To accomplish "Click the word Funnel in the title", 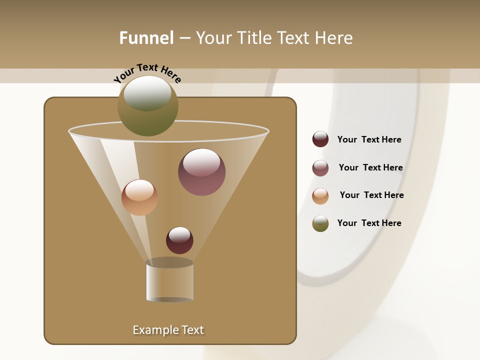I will [x=146, y=38].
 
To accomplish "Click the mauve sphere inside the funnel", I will [x=201, y=172].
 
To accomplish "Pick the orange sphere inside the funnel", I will [x=139, y=197].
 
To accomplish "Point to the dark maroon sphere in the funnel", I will [x=179, y=240].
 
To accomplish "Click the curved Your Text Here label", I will [x=147, y=73].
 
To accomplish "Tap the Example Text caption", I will [x=168, y=330].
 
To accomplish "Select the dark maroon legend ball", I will [x=320, y=139].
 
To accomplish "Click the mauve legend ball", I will [x=320, y=168].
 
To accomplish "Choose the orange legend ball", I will [x=320, y=196].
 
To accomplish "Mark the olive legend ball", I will [x=320, y=223].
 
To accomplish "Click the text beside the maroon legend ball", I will [x=369, y=140].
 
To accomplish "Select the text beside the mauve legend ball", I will [x=370, y=168].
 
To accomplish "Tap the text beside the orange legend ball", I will [x=371, y=195].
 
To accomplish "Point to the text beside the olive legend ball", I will [x=369, y=223].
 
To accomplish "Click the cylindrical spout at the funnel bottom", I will [x=169, y=281].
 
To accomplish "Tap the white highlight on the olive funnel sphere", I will [x=147, y=93].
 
